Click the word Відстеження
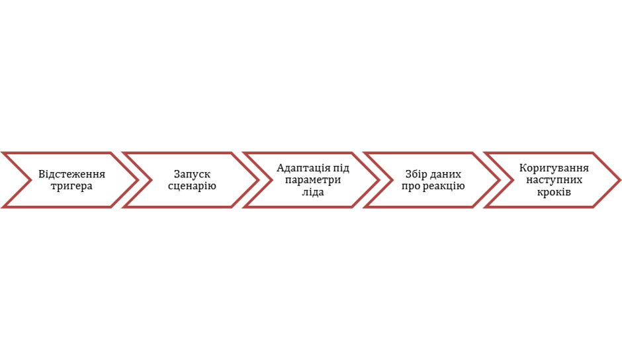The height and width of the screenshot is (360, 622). (x=71, y=174)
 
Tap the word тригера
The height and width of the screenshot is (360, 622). (x=71, y=186)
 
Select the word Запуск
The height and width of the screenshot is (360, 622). (x=192, y=174)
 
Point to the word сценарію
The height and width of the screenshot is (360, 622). (x=192, y=186)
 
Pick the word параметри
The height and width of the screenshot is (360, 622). (x=313, y=180)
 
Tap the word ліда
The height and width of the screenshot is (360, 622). (x=313, y=192)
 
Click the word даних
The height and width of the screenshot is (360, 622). (x=445, y=174)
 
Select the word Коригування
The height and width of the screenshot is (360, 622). (x=554, y=168)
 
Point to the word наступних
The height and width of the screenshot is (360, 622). (x=554, y=180)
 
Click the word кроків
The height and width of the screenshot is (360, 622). (x=554, y=192)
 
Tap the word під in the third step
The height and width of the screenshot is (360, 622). (x=341, y=168)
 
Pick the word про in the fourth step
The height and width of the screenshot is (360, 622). (x=410, y=186)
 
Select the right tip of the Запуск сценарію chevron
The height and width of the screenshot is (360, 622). (x=257, y=180)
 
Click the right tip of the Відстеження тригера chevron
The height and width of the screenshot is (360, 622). (x=137, y=180)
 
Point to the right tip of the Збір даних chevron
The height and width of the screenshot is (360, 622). (x=498, y=180)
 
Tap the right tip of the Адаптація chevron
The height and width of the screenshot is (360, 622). (x=378, y=180)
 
